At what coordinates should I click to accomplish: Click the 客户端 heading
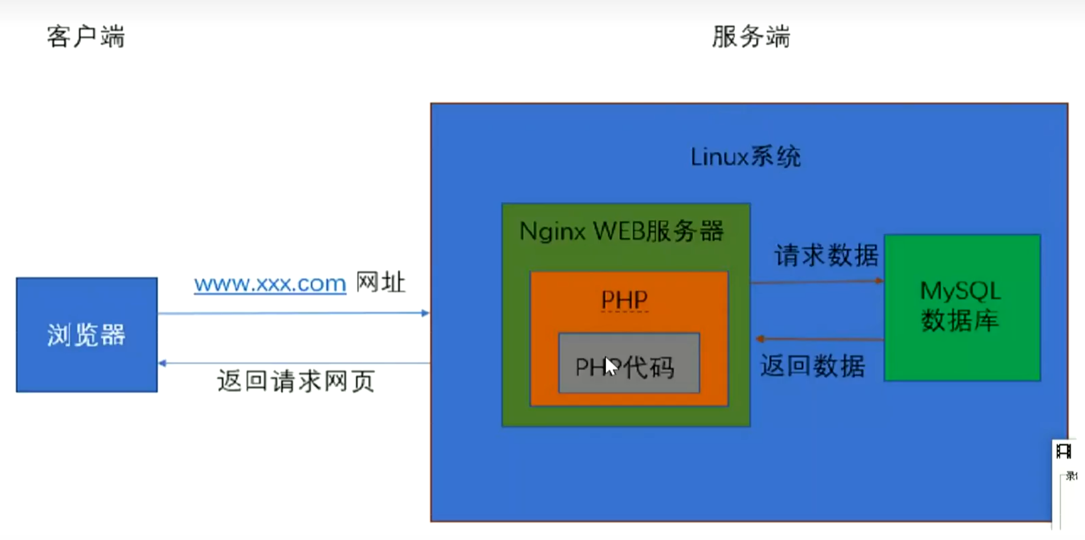point(86,37)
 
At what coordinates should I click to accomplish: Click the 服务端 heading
point(751,37)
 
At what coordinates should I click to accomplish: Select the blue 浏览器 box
point(87,335)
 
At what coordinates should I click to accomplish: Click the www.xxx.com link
point(270,284)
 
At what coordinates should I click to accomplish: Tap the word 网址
point(381,282)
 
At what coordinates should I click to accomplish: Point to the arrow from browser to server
point(294,314)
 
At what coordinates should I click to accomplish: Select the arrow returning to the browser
point(294,363)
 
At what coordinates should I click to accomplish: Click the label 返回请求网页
point(296,381)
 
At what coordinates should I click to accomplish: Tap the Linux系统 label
point(745,157)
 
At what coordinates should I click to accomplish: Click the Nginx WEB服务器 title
point(622,232)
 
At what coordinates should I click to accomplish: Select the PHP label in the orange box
point(624,300)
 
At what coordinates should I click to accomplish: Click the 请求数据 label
point(826,255)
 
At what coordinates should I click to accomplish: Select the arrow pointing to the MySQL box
point(817,282)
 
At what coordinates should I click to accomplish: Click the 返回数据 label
point(813,366)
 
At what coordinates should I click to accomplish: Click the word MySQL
point(960,291)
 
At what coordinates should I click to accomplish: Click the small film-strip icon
point(1064,450)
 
